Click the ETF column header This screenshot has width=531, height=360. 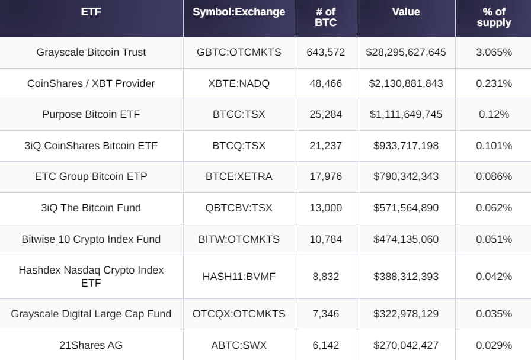point(91,12)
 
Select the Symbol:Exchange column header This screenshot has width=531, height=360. point(239,12)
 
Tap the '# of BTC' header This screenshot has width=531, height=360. point(325,17)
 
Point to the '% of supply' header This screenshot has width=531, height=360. point(494,17)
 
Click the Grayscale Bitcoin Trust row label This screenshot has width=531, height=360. point(91,52)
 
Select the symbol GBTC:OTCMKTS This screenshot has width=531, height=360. point(239,52)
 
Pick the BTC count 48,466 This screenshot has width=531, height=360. point(325,83)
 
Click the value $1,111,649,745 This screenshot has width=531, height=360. point(406,114)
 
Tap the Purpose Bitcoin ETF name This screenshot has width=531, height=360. point(91,114)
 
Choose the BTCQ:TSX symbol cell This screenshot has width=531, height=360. point(239,146)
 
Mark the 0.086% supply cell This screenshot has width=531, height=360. point(494,176)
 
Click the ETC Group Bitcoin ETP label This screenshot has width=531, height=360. point(91,176)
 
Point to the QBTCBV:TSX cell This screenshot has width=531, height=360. point(239,208)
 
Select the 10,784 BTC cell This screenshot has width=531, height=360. point(325,239)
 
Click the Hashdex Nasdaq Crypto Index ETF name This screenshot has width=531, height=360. point(91,276)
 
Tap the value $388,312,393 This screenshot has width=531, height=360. point(406,277)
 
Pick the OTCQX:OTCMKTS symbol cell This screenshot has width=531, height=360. point(239,314)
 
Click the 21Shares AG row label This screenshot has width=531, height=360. point(91,345)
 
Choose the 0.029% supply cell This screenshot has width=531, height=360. point(494,345)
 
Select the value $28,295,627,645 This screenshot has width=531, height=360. point(406,52)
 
